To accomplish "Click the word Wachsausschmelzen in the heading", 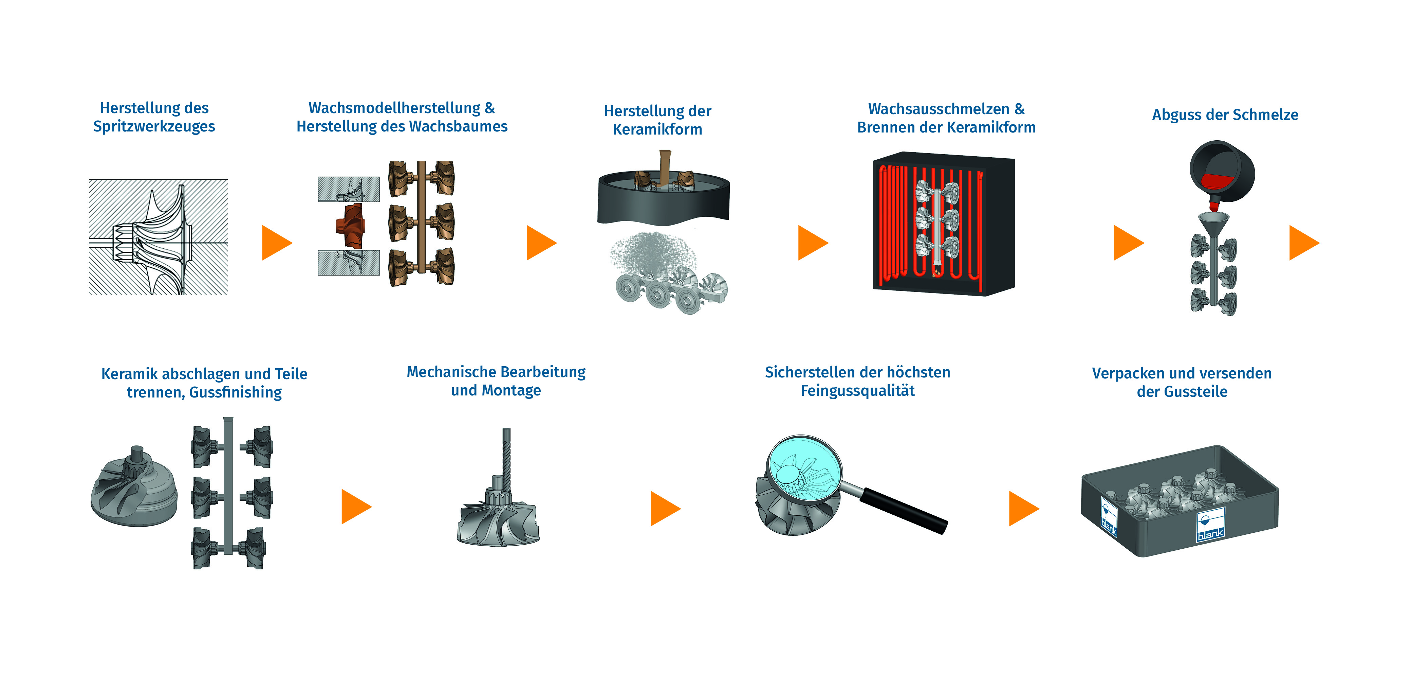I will point(938,109).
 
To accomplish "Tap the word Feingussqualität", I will point(857,391).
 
